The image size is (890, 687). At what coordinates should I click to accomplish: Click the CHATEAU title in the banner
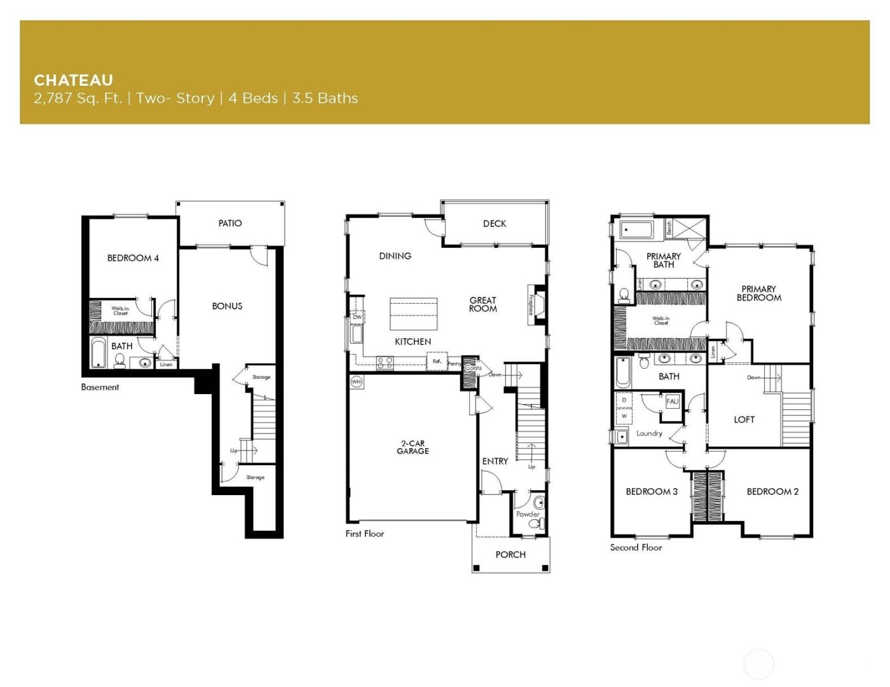pos(73,80)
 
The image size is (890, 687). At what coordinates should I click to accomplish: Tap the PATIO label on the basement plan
pos(230,223)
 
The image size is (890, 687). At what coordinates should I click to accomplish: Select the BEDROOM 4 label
pos(133,258)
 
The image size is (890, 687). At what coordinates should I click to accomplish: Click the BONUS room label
pos(227,306)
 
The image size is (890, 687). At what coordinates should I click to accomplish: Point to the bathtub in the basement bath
pos(98,353)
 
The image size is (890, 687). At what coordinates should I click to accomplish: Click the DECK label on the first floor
pos(494,224)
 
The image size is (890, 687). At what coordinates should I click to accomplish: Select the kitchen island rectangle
pos(414,313)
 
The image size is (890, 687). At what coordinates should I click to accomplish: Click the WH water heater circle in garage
pos(356,382)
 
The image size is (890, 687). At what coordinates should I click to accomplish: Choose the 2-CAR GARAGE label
pos(413,447)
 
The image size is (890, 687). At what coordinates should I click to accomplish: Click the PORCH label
pos(510,555)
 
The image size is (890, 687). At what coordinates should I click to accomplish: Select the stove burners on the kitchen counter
pos(385,363)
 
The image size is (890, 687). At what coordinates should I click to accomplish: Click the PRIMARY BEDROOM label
pos(758,293)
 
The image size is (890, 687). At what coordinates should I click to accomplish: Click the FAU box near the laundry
pos(672,402)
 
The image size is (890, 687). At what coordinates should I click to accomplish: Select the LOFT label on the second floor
pos(744,419)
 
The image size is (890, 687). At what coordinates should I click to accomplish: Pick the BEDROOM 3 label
pos(652,491)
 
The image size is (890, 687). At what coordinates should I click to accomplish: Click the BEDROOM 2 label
pos(772,491)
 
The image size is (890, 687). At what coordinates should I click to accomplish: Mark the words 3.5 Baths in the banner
pos(325,99)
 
